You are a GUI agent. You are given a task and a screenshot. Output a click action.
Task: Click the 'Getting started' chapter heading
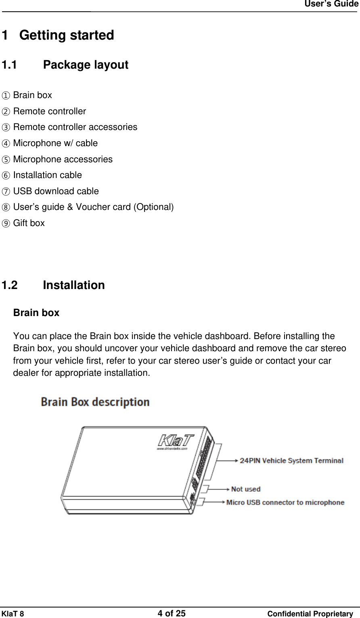[x=66, y=36]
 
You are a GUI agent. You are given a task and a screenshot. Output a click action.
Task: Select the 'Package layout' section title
[x=85, y=65]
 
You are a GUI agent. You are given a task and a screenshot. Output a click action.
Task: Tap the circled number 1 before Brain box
[x=6, y=96]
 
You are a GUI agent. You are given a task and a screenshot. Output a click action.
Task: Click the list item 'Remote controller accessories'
[x=75, y=127]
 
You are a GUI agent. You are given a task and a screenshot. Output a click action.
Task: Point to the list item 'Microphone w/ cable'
[x=55, y=143]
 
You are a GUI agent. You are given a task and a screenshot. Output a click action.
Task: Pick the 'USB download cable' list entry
[x=56, y=191]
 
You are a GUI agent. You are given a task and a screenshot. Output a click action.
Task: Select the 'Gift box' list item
[x=29, y=223]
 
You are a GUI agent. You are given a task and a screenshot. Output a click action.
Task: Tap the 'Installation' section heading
[x=73, y=285]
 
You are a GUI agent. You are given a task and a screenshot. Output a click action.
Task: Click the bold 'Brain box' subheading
[x=36, y=313]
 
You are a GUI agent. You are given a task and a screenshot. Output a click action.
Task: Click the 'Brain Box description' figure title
[x=95, y=402]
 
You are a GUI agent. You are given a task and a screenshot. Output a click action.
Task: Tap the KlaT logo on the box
[x=175, y=440]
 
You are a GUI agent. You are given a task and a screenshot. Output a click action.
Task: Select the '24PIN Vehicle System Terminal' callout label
[x=291, y=461]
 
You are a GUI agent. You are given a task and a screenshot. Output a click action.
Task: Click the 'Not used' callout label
[x=245, y=489]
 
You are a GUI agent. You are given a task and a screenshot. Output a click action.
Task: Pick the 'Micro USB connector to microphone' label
[x=285, y=503]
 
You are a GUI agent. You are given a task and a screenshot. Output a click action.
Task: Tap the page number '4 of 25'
[x=172, y=614]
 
